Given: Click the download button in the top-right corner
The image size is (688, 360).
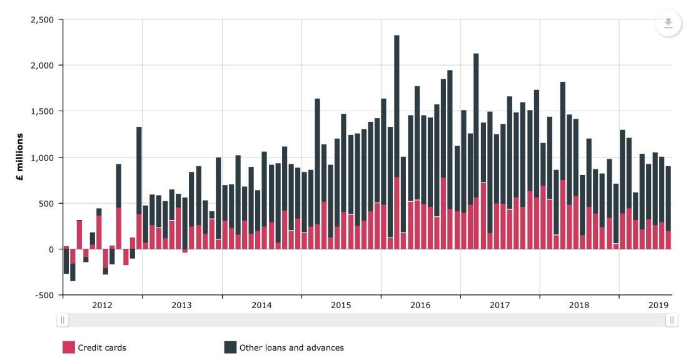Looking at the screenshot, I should (x=668, y=23).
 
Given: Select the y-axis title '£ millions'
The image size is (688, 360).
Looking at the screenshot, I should (x=19, y=157).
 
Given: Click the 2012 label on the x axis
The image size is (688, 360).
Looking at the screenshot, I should (x=102, y=305).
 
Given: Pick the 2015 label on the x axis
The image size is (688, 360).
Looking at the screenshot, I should (x=341, y=305).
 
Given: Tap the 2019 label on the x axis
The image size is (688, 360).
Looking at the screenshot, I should (x=659, y=305).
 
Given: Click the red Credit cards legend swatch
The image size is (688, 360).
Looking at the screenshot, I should (x=69, y=347).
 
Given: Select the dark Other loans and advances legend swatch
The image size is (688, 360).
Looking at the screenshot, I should (x=230, y=347).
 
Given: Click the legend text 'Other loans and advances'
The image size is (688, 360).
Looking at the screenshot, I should (x=291, y=347).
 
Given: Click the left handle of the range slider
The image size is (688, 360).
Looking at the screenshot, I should (x=63, y=320).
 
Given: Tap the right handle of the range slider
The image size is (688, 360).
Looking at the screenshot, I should (x=672, y=320).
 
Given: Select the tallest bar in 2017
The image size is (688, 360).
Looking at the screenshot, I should (x=476, y=125).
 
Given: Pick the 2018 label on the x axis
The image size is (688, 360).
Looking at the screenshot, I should (x=579, y=305).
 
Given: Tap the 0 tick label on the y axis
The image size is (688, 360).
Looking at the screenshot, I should (x=53, y=249).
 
